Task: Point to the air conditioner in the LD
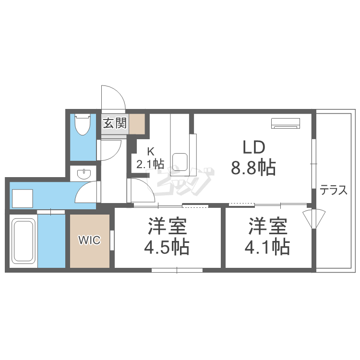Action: coord(286,123)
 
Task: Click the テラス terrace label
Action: coord(334,191)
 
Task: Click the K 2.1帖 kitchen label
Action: coord(149,157)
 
